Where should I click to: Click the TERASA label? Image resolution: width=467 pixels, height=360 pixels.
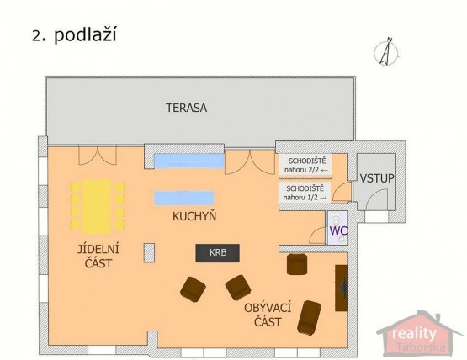(x=186, y=108)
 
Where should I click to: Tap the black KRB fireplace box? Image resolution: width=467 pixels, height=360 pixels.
(x=217, y=253)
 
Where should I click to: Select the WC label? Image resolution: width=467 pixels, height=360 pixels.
(x=338, y=230)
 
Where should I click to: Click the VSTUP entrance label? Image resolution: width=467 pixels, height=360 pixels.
(x=377, y=178)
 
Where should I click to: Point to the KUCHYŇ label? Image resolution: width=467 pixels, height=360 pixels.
(x=194, y=216)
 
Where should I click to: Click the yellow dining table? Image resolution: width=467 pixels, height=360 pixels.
(x=97, y=206)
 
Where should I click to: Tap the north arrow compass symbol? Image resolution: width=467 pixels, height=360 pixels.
(x=385, y=51)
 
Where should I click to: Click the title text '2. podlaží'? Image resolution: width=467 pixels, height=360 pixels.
(x=74, y=34)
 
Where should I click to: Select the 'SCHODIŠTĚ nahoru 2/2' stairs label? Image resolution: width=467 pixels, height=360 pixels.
(x=306, y=165)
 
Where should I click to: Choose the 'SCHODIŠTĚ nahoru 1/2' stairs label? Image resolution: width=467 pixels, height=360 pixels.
(x=305, y=193)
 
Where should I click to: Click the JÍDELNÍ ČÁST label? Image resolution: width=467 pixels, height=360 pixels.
(x=98, y=256)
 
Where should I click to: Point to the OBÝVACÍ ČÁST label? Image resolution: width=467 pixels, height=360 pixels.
(x=268, y=315)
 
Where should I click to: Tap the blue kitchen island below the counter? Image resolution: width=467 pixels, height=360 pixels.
(x=183, y=198)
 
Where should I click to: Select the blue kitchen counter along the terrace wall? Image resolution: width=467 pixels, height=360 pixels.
(x=188, y=161)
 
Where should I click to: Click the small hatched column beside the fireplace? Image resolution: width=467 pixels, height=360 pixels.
(x=149, y=253)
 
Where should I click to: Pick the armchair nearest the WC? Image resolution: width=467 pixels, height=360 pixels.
(x=297, y=264)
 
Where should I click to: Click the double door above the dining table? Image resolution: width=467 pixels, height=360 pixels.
(x=98, y=156)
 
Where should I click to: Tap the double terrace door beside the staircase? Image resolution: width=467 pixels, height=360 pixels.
(x=250, y=162)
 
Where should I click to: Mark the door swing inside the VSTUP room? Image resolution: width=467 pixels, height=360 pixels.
(x=377, y=199)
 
